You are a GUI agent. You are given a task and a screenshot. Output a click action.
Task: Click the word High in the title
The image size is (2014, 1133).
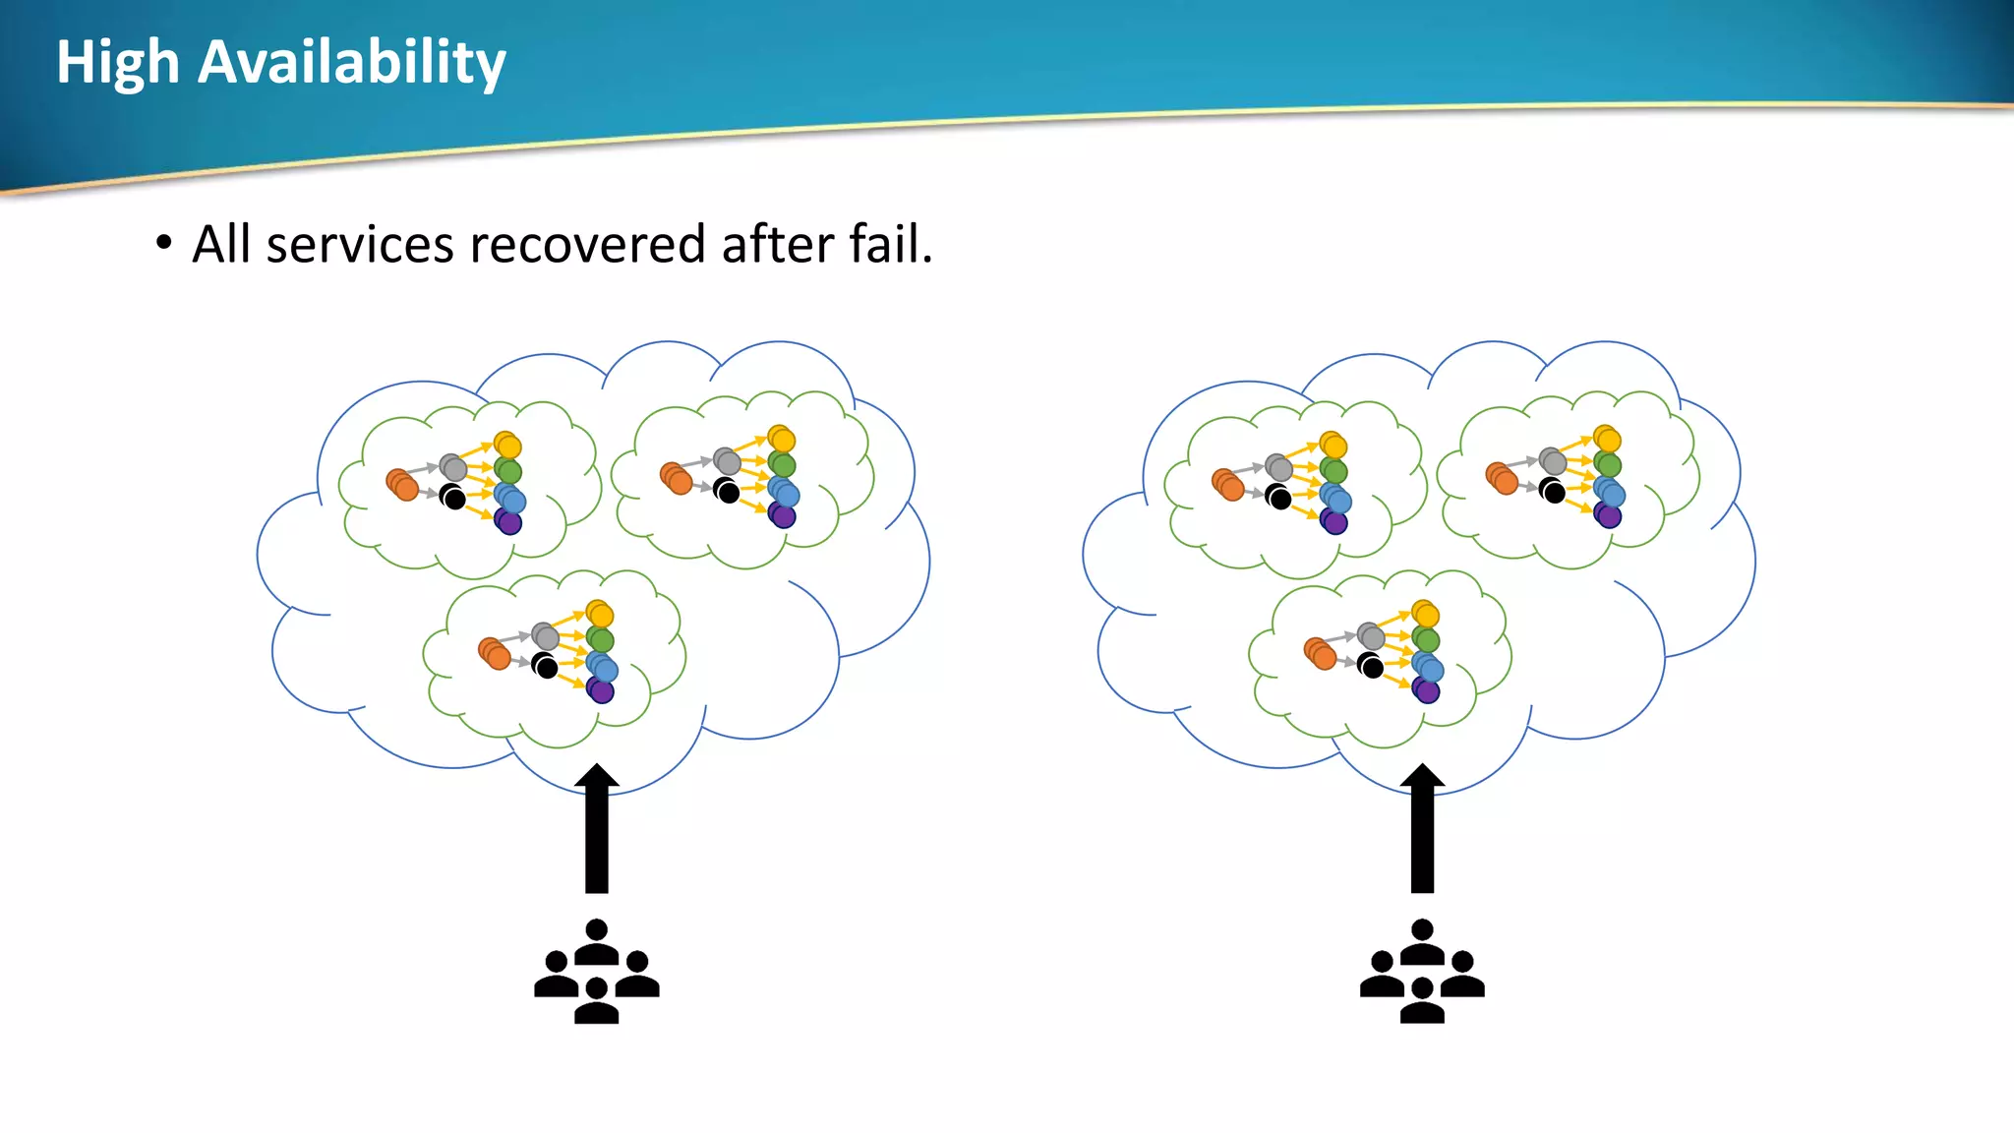(x=117, y=63)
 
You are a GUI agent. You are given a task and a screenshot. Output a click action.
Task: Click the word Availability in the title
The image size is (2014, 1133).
(x=351, y=63)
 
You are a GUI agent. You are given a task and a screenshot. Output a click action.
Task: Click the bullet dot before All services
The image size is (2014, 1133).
(x=164, y=243)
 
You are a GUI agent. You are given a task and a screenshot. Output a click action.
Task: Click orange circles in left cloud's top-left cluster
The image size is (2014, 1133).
(x=402, y=485)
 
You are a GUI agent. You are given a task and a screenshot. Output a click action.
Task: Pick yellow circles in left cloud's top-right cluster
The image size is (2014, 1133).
(x=782, y=439)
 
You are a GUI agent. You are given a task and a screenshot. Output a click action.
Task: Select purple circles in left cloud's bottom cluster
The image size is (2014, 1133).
(x=601, y=690)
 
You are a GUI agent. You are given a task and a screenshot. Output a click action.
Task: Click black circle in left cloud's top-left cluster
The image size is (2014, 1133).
(x=453, y=498)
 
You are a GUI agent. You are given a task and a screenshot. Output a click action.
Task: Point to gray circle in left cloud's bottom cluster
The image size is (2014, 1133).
(x=545, y=636)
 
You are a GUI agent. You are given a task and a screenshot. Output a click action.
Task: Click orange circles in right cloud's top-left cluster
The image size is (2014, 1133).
(x=1228, y=485)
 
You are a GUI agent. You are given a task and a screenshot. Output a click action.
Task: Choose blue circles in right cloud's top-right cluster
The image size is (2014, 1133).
(x=1609, y=492)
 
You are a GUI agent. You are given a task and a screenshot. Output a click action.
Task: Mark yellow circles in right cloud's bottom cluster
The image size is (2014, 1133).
(x=1426, y=615)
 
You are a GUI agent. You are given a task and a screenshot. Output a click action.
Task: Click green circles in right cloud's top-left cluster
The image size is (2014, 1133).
(x=1333, y=471)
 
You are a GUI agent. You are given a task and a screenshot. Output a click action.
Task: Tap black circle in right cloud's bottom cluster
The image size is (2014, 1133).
(x=1371, y=667)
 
